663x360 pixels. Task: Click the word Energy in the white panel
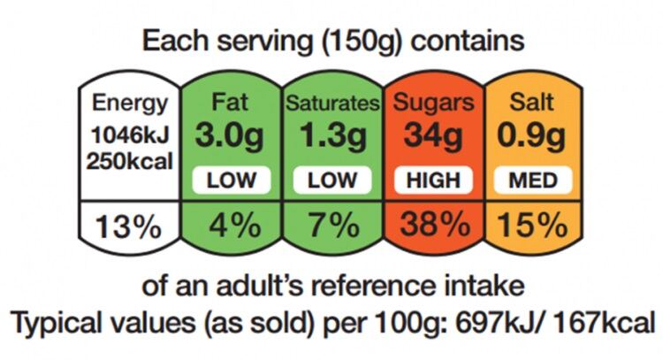click(x=130, y=103)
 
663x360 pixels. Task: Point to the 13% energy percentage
click(x=130, y=226)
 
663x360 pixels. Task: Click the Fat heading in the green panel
click(x=231, y=103)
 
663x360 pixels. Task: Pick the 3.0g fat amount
click(x=231, y=136)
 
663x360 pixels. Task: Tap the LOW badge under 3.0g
click(x=231, y=180)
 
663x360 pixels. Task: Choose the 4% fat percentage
click(x=231, y=226)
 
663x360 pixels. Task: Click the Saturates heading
click(x=332, y=103)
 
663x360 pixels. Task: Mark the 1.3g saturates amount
click(x=332, y=136)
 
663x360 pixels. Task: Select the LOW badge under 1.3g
click(x=332, y=180)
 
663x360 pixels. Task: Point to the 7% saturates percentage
click(x=332, y=226)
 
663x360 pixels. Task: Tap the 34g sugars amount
click(x=434, y=136)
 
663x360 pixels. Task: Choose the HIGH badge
click(x=434, y=180)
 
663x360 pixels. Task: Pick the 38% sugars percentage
click(x=434, y=226)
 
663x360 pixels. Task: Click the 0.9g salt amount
click(x=532, y=136)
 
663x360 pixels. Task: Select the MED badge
click(x=532, y=180)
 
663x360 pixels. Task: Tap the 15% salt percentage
click(x=532, y=226)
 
